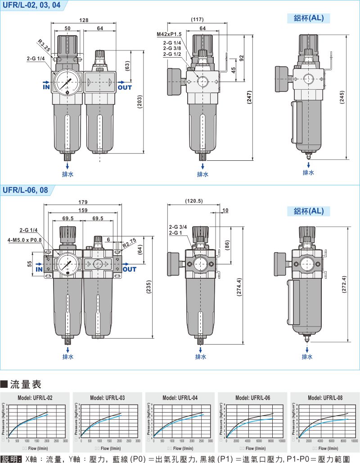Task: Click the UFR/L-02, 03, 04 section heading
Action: tap(31, 5)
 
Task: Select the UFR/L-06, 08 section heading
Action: tap(26, 190)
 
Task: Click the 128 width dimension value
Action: tap(84, 20)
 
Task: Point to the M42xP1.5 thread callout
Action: tap(169, 34)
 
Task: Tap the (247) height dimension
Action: tap(249, 97)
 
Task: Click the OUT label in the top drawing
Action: tap(125, 87)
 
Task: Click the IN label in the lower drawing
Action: tap(39, 269)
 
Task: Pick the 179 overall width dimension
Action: tap(83, 202)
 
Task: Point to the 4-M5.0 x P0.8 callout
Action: tap(25, 240)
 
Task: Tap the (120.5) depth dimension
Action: tap(194, 201)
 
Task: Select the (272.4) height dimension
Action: tap(344, 285)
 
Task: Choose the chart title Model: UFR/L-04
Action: tap(180, 398)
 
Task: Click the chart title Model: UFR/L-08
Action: tap(325, 398)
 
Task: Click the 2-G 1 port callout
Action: tap(176, 233)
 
